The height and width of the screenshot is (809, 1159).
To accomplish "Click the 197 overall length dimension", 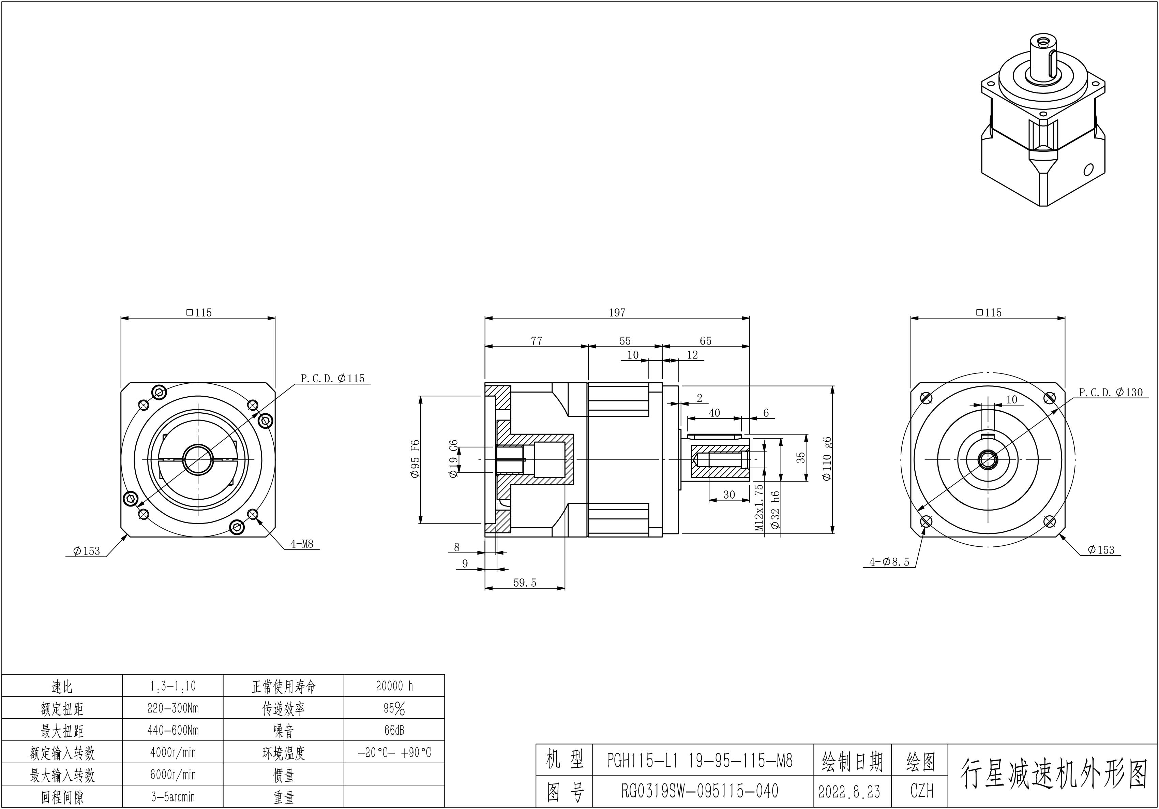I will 617,313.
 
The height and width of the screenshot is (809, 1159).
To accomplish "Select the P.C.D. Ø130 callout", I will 1111,392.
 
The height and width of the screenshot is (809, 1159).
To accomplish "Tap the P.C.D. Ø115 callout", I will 333,379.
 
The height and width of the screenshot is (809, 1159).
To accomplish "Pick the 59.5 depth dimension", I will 525,583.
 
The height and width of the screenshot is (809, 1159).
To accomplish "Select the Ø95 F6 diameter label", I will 415,459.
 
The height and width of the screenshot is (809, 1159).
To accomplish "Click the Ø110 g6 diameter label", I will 826,458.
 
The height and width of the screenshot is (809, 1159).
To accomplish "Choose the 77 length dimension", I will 537,341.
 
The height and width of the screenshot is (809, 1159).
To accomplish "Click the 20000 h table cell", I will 394,686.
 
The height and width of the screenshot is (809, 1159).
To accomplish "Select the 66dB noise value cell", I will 394,730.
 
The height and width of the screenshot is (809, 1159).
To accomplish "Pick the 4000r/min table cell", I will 172,752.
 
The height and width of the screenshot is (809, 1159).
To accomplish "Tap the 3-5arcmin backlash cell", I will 172,797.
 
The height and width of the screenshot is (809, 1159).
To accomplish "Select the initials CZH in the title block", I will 922,791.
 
